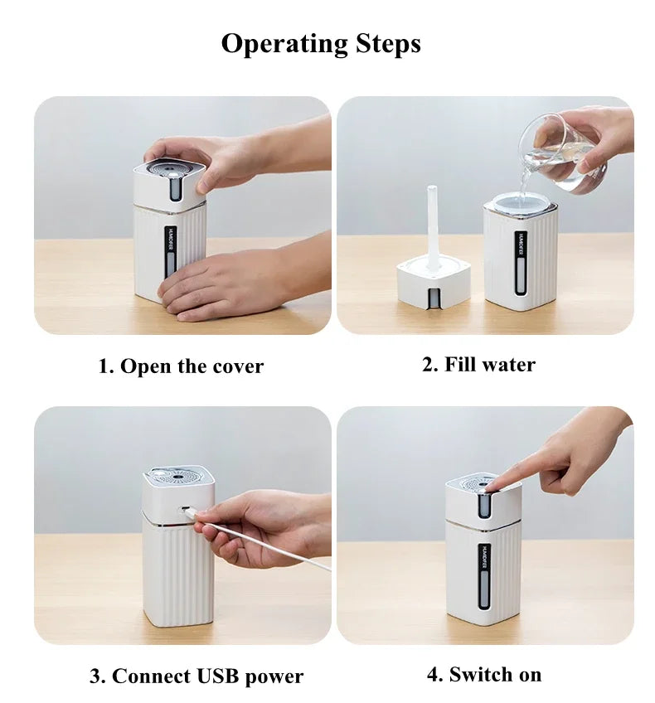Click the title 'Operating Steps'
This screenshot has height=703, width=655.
point(320,43)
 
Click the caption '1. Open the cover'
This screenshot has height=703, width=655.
point(181,366)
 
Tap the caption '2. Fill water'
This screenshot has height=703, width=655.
point(478,365)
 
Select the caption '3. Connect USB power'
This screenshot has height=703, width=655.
point(196,676)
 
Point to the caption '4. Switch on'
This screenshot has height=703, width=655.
point(484,675)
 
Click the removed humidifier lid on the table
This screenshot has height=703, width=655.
point(433,281)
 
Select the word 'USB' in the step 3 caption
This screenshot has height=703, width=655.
point(217,676)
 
